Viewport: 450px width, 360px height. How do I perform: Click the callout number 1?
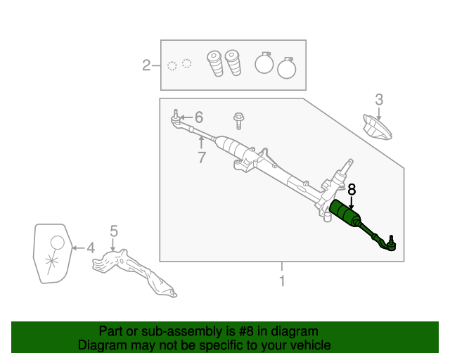(x=282, y=281)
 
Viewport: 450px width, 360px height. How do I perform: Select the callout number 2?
(x=146, y=65)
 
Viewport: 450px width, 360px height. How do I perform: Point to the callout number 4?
(x=90, y=247)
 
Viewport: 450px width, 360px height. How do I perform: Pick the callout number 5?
(x=114, y=231)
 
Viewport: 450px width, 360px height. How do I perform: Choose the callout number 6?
(x=198, y=117)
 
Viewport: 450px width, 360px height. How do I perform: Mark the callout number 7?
(x=202, y=158)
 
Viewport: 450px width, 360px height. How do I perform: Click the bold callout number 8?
(x=352, y=189)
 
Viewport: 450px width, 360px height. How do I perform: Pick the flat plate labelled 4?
(x=53, y=254)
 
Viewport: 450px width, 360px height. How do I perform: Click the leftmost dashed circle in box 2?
(x=172, y=66)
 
